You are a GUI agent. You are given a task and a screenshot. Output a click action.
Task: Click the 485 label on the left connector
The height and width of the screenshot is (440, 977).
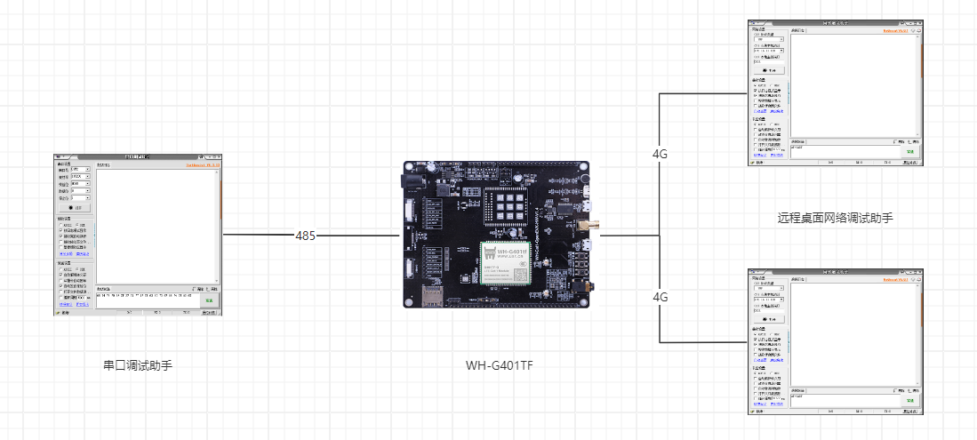pyautogui.click(x=306, y=236)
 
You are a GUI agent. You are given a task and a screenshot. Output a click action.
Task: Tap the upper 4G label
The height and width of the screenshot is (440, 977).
pyautogui.click(x=660, y=154)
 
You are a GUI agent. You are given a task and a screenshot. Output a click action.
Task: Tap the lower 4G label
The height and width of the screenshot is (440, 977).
pyautogui.click(x=660, y=297)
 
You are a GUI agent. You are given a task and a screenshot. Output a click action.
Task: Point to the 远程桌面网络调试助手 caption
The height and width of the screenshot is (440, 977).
pyautogui.click(x=835, y=217)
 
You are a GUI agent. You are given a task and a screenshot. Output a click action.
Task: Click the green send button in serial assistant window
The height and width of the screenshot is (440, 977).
pyautogui.click(x=210, y=301)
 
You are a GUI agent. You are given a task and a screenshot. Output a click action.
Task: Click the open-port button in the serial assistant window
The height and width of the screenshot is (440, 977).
pyautogui.click(x=74, y=207)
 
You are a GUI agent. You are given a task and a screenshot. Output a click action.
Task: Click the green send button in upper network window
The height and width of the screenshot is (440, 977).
pyautogui.click(x=909, y=152)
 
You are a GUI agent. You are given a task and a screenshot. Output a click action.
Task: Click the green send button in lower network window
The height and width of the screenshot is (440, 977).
pyautogui.click(x=909, y=402)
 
